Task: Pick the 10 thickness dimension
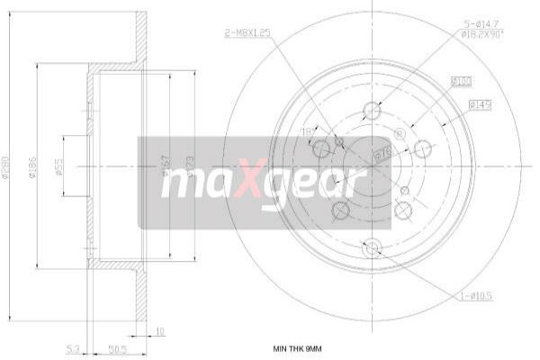point(160,330)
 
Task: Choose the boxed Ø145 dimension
point(480,105)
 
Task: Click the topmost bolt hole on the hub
point(372,112)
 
